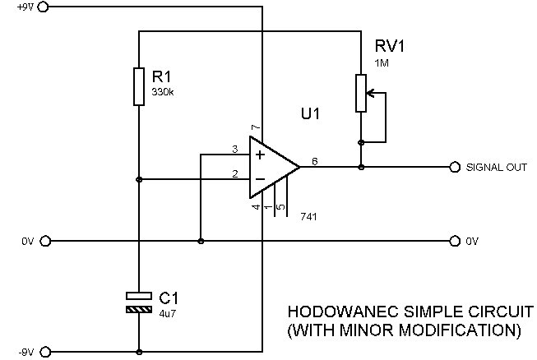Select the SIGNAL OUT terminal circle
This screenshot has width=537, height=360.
455,167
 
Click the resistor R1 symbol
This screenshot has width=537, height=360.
139,87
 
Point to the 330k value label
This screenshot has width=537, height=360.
163,92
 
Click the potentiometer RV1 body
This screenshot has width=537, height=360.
360,93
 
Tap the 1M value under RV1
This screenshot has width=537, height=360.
382,64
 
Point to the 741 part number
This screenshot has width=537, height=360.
309,216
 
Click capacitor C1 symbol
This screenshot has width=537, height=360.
139,302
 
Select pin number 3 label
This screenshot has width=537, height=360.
234,149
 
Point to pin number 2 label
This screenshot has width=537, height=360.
234,173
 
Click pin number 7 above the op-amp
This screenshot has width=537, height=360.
255,127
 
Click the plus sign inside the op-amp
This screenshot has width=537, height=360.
260,155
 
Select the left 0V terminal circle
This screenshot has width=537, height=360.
45,241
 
